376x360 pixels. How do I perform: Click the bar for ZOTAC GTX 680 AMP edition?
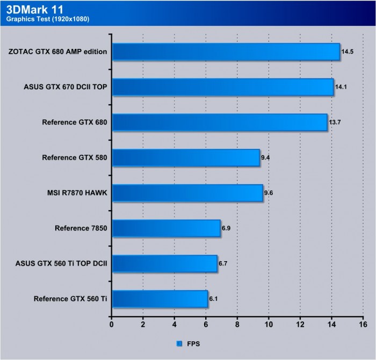pos(226,52)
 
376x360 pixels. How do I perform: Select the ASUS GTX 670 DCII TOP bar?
pos(222,87)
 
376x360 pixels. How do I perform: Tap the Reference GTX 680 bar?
pos(219,123)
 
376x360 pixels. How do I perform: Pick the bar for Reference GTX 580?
pos(185,158)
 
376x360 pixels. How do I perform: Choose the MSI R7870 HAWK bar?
pos(187,193)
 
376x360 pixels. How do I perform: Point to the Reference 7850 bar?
pos(166,228)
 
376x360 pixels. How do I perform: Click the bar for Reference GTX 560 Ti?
pos(160,299)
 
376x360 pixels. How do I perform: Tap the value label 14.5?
pos(348,52)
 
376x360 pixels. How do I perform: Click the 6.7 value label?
pos(225,264)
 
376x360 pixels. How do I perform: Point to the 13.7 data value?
pos(335,123)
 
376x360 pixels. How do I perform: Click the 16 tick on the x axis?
pos(363,325)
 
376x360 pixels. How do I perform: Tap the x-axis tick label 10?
pos(269,325)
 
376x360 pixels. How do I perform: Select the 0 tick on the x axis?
pos(112,325)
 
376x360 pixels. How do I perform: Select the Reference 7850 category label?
pos(81,228)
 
